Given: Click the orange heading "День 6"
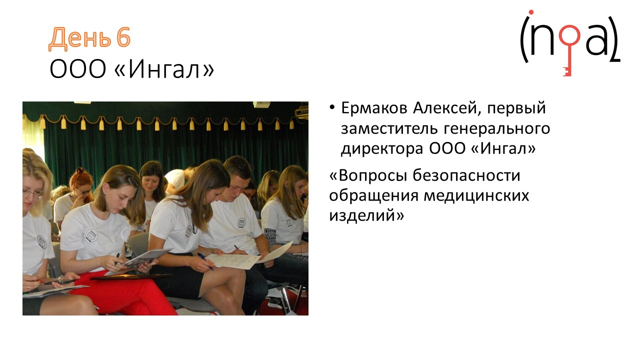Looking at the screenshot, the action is click(x=89, y=38).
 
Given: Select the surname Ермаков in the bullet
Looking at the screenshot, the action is click(x=374, y=108).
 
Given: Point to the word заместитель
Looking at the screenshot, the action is click(x=389, y=128).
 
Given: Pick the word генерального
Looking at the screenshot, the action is click(x=497, y=129).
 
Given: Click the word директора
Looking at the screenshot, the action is click(x=382, y=149).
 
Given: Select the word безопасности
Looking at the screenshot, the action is click(x=466, y=175).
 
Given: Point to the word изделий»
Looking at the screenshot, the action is click(x=366, y=215).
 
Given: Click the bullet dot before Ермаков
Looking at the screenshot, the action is click(x=332, y=107).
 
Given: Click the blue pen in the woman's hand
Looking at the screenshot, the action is click(x=205, y=261).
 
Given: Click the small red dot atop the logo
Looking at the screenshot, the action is click(x=531, y=12).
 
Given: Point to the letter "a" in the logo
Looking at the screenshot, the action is click(x=596, y=40).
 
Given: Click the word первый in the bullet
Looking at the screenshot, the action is click(x=516, y=109).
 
